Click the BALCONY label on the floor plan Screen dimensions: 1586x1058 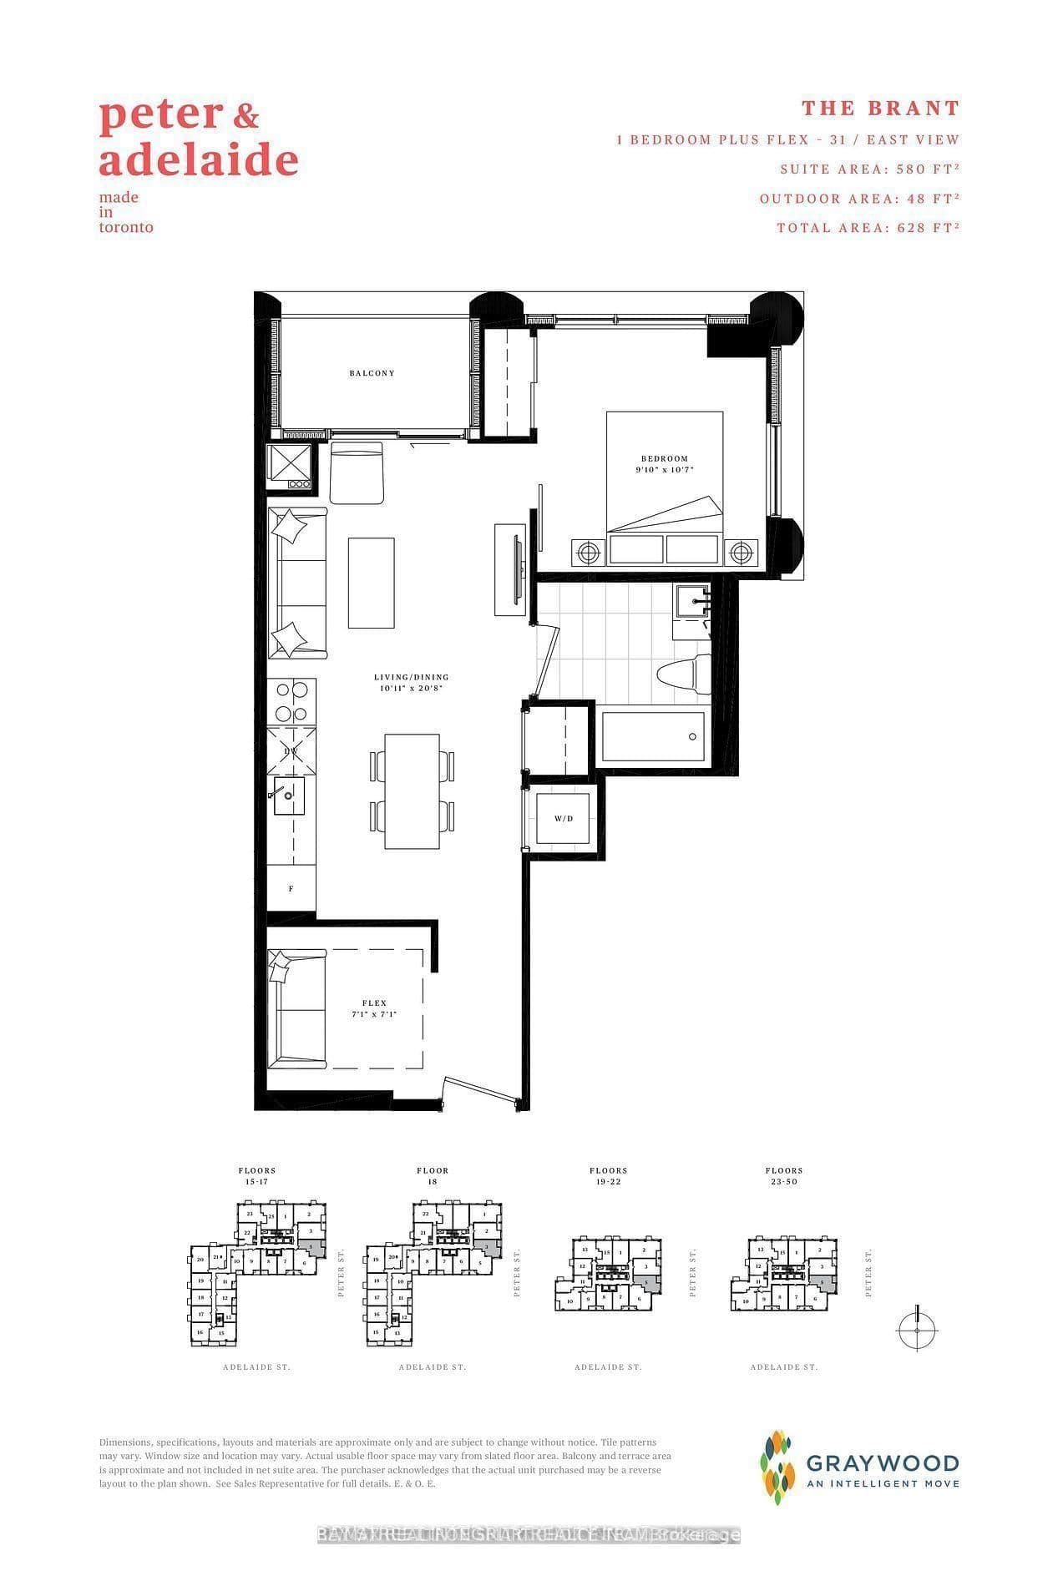point(372,373)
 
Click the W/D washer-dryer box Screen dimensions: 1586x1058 point(564,819)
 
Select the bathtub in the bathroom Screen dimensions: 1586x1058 point(653,736)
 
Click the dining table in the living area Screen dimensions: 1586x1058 point(412,790)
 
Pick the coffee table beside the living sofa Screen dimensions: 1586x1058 point(371,583)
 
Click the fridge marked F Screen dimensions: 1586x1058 point(291,889)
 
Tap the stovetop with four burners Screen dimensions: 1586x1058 point(291,701)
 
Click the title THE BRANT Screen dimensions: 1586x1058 point(880,108)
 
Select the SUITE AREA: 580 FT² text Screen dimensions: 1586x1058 point(869,169)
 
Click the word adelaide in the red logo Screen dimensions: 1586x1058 point(199,159)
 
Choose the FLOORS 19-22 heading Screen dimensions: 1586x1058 point(608,1176)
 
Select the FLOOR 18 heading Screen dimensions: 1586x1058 point(433,1176)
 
